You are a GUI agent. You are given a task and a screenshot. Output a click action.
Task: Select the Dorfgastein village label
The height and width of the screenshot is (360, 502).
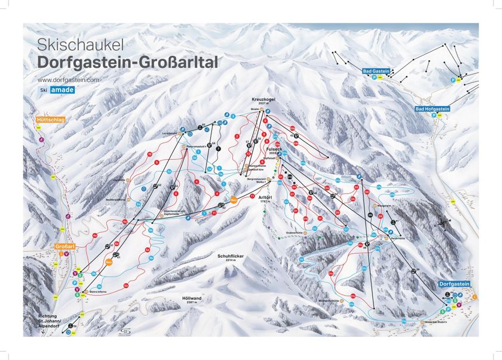(454, 284)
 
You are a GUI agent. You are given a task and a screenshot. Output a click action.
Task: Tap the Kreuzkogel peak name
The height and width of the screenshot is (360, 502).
(263, 99)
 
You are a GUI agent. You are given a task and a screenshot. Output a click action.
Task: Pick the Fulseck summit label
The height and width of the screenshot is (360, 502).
(274, 149)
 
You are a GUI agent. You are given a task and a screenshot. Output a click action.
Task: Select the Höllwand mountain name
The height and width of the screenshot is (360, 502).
(191, 298)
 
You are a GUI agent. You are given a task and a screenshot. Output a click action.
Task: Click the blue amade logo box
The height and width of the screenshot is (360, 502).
(61, 90)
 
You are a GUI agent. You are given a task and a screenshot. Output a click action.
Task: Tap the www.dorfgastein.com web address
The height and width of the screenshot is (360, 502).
(68, 79)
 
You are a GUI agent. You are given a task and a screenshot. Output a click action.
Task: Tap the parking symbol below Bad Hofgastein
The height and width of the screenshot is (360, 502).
(433, 116)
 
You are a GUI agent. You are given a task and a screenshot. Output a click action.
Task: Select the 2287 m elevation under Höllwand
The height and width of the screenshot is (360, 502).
(191, 303)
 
